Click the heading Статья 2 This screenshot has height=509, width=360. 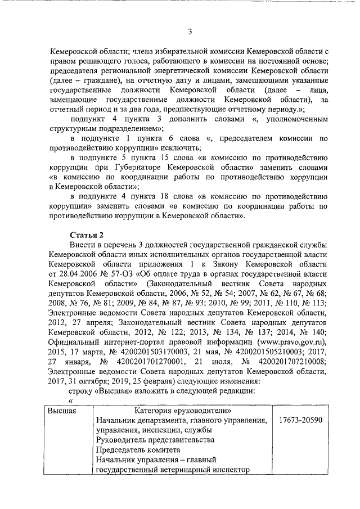click(x=87, y=234)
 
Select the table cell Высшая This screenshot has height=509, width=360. click(x=62, y=411)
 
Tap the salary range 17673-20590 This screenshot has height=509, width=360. click(x=296, y=421)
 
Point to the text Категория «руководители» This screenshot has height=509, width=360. click(x=182, y=411)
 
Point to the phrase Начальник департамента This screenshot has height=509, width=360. click(x=139, y=421)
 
